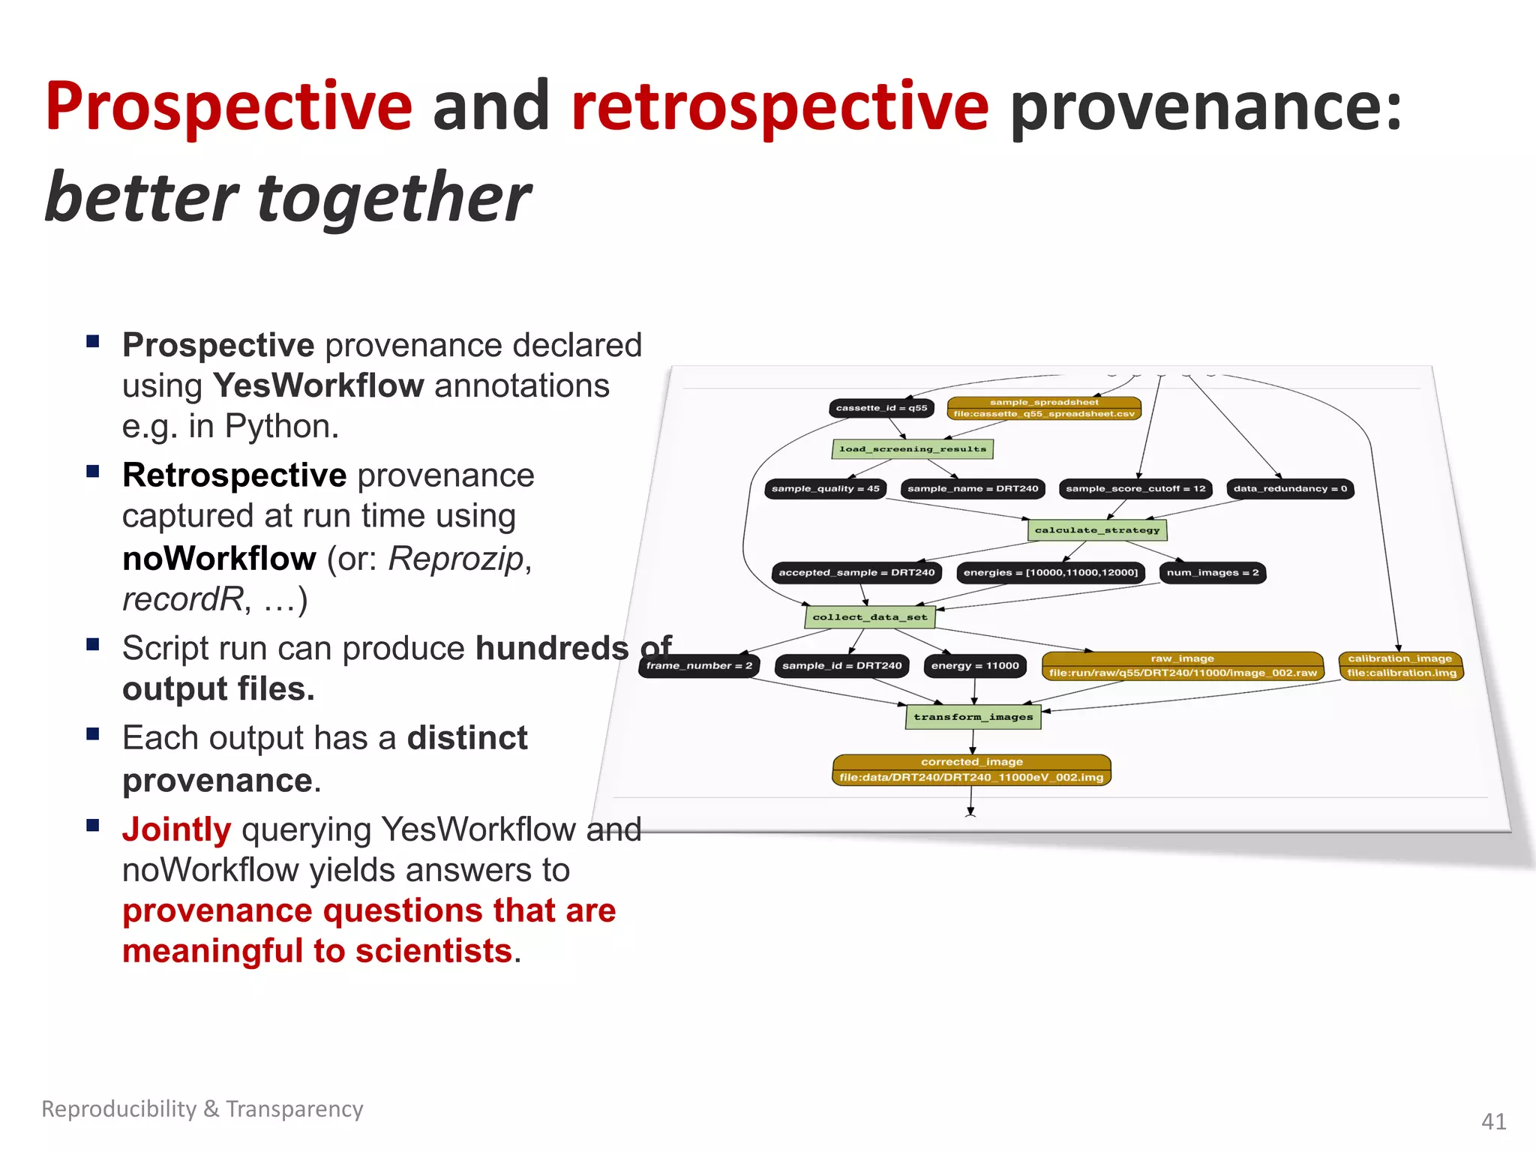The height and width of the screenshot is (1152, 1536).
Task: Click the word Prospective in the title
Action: pyautogui.click(x=229, y=107)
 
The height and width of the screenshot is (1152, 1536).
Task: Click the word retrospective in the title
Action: pyautogui.click(x=780, y=107)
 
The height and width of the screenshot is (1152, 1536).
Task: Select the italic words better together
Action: pyautogui.click(x=288, y=198)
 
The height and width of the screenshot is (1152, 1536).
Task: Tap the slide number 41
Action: pyautogui.click(x=1493, y=1121)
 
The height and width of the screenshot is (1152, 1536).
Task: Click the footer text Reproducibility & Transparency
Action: pyautogui.click(x=202, y=1108)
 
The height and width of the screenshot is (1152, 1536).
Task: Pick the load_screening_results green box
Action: pyautogui.click(x=913, y=449)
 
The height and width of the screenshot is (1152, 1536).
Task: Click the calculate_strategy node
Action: pyautogui.click(x=1096, y=530)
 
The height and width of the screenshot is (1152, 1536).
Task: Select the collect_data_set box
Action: pyautogui.click(x=870, y=617)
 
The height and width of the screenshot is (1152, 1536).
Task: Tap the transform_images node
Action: pyautogui.click(x=973, y=717)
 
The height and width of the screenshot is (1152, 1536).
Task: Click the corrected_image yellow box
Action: pyautogui.click(x=971, y=769)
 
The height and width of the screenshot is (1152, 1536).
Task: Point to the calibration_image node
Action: pyautogui.click(x=1400, y=666)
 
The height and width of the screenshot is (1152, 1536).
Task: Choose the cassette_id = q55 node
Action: pyautogui.click(x=881, y=408)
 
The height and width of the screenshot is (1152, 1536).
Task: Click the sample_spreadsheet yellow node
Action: pyautogui.click(x=1044, y=408)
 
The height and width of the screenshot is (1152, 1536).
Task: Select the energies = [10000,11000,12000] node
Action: pyautogui.click(x=1050, y=573)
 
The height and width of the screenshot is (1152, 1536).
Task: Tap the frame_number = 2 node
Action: pyautogui.click(x=699, y=666)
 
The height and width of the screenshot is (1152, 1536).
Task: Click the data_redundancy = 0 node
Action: pyautogui.click(x=1290, y=489)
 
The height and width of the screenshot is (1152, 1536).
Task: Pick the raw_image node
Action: pyautogui.click(x=1182, y=666)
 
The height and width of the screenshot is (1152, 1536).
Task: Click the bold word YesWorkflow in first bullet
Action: pyautogui.click(x=319, y=386)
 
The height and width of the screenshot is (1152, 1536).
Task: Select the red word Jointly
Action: pyautogui.click(x=177, y=829)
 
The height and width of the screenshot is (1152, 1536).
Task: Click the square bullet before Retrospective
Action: pyautogui.click(x=93, y=472)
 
